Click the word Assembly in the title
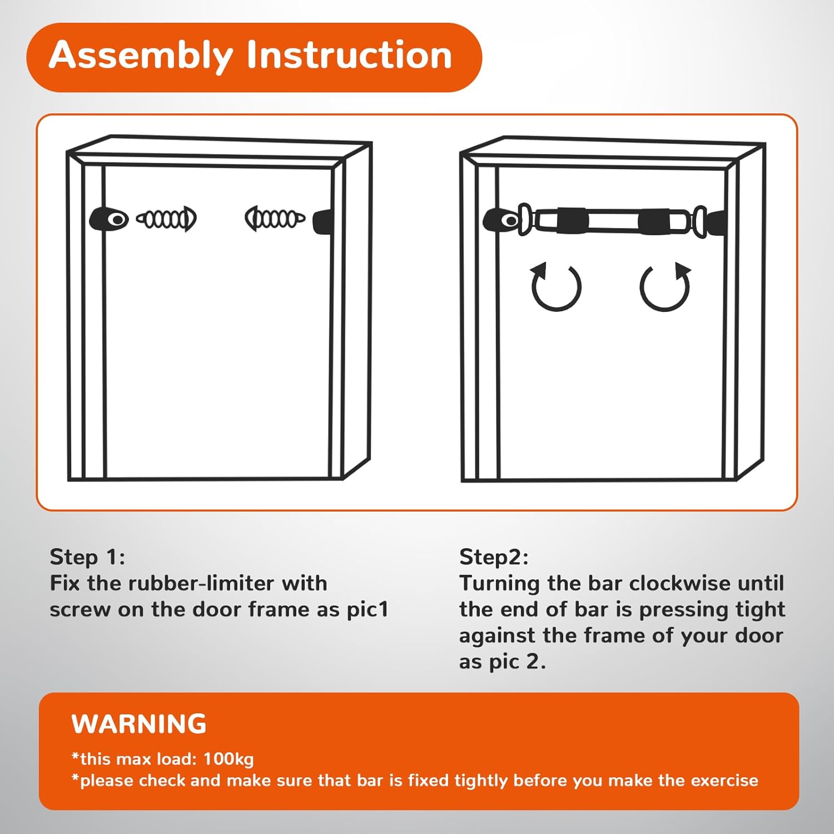pos(141,56)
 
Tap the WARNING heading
pos(139,724)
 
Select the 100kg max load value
pos(229,759)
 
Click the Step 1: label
pos(87,557)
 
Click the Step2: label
pos(494,557)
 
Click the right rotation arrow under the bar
pos(665,286)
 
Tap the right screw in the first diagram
pos(275,219)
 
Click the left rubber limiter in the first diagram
pos(108,219)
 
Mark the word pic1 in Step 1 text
pos(368,610)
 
